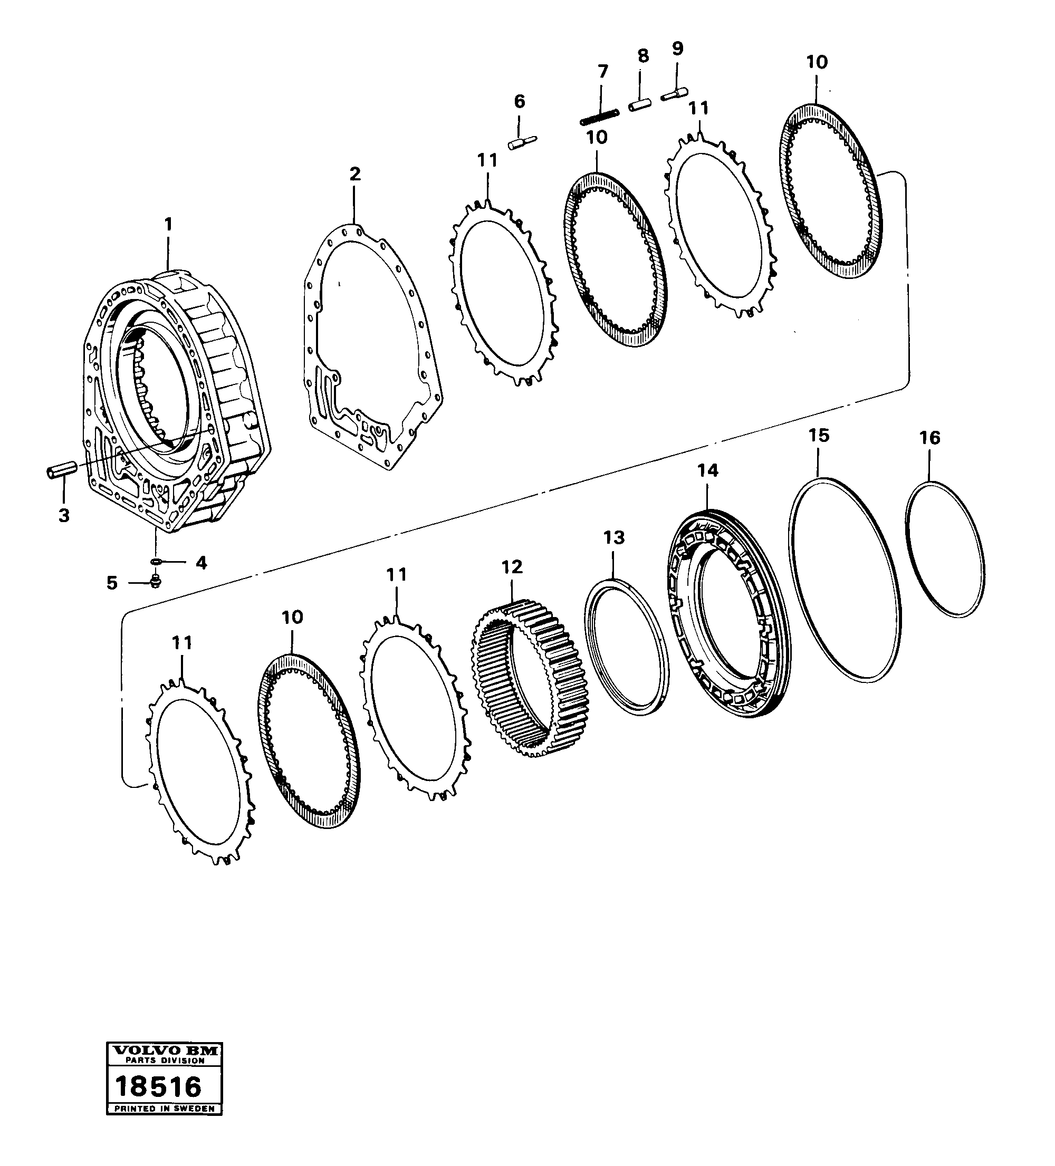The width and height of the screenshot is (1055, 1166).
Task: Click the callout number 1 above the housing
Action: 168,224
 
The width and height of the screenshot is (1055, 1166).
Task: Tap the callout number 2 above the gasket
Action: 355,174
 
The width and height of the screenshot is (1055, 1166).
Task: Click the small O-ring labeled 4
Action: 156,561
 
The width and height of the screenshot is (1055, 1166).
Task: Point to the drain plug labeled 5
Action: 155,582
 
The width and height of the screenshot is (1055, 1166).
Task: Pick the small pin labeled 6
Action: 523,142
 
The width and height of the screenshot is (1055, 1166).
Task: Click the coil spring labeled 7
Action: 599,116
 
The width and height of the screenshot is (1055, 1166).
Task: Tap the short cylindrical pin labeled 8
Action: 640,106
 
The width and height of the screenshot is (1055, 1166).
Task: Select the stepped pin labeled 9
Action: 673,93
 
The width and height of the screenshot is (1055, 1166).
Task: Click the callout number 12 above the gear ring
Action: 512,567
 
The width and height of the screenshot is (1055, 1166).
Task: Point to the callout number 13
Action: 613,537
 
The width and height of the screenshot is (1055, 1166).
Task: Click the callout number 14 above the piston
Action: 707,470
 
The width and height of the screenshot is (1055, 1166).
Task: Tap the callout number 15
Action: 819,435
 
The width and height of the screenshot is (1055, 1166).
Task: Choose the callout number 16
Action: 929,438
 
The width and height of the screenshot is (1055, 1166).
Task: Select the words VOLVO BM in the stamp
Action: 165,1050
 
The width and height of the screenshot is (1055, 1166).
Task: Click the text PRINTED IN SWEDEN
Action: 165,1109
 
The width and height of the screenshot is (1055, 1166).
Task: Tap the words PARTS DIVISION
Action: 165,1061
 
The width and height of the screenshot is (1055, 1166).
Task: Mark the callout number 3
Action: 64,515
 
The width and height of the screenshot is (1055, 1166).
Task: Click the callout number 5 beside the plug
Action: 112,582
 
